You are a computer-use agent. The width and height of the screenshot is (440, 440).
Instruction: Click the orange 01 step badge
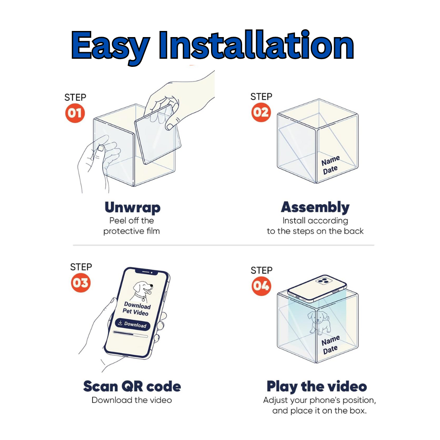pos(75,113)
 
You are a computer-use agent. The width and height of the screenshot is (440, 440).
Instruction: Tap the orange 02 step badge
pos(261,112)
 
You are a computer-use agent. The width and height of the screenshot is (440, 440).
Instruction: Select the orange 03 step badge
pos(81,283)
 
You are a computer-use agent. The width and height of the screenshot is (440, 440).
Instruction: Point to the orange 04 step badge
pos(261,286)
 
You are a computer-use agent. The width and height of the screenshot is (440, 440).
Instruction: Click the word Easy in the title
pos(110,46)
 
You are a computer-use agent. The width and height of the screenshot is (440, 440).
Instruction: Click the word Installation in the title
pos(256,45)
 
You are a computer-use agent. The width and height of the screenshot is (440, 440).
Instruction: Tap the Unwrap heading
pos(132,208)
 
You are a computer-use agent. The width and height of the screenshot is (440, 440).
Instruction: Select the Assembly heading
pos(315,208)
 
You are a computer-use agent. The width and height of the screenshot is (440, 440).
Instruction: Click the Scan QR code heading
pos(132,386)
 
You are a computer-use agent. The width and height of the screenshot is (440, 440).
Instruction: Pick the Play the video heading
pos(317,387)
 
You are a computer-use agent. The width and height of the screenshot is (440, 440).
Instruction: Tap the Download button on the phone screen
pos(132,324)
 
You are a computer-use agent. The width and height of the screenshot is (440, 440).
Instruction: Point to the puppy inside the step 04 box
pos(320,323)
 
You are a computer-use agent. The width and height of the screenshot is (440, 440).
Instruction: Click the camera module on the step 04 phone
pos(324,281)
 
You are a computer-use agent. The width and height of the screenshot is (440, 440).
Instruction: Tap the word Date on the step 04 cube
pos(330,350)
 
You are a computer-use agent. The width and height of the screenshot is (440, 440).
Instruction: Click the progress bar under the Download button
pos(130,334)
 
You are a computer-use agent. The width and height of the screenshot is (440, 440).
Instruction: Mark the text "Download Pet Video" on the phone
pos(136,308)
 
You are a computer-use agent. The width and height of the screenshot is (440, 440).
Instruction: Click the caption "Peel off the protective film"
pos(132,226)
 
